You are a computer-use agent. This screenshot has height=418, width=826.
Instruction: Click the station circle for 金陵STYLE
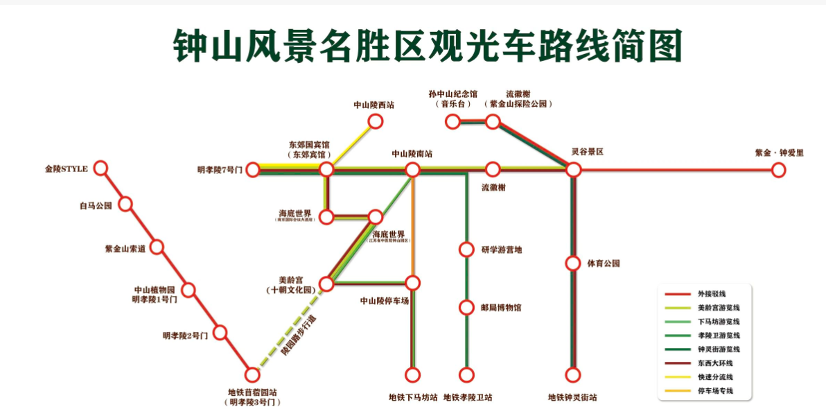click(101, 168)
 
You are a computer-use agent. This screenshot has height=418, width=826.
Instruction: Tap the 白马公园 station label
click(96, 205)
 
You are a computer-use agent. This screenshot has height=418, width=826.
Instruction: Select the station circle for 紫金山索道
click(157, 247)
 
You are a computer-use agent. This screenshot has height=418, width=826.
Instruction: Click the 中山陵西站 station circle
click(375, 121)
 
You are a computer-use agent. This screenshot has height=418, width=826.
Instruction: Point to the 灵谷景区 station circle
click(573, 169)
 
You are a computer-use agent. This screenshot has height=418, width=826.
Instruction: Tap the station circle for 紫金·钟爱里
click(779, 169)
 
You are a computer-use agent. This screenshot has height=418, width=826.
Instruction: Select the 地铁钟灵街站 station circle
click(572, 375)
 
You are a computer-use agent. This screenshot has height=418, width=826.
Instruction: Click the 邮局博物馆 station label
click(500, 307)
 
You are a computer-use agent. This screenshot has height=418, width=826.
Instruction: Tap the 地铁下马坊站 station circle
click(413, 375)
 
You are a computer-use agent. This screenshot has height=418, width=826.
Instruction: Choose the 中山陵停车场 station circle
click(413, 283)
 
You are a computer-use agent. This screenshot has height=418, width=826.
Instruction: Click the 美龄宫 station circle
click(326, 283)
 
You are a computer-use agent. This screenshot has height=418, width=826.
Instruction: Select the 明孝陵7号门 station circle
click(253, 169)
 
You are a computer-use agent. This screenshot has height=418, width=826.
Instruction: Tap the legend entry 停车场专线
click(714, 391)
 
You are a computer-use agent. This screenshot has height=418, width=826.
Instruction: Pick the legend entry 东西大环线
click(714, 363)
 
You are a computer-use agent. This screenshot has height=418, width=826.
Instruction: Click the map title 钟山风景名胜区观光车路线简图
click(428, 46)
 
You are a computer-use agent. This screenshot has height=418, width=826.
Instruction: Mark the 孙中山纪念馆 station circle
click(452, 121)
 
